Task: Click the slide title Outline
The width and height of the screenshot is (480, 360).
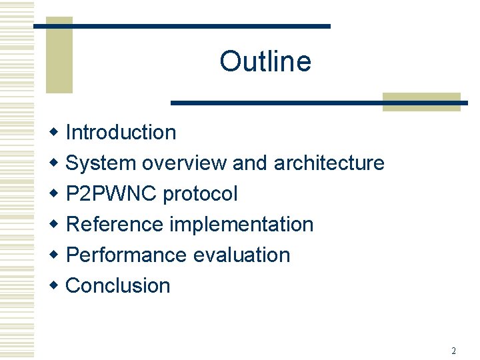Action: pyautogui.click(x=265, y=61)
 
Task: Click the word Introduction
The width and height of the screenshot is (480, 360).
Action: pyautogui.click(x=121, y=132)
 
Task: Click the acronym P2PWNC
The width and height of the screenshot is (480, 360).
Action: pyautogui.click(x=111, y=193)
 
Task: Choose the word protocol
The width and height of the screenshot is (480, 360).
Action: pyautogui.click(x=200, y=193)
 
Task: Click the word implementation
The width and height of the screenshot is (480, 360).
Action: pyautogui.click(x=241, y=224)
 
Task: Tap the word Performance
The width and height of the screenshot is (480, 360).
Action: pyautogui.click(x=127, y=255)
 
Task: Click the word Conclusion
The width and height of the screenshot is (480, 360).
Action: pyautogui.click(x=119, y=285)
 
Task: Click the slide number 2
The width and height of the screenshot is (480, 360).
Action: pyautogui.click(x=453, y=351)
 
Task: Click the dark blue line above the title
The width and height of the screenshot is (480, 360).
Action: pyautogui.click(x=181, y=26)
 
